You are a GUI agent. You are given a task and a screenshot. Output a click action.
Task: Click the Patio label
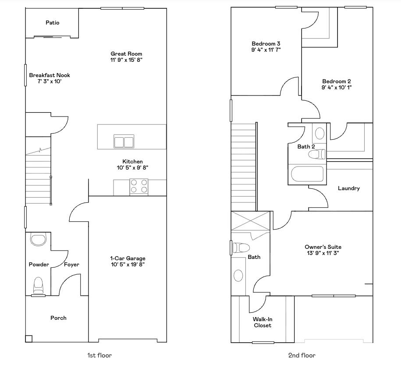pos(52,23)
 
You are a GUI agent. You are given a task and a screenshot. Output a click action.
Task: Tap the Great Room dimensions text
pos(126,60)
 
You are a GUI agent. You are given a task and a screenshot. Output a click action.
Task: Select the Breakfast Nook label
pos(50,75)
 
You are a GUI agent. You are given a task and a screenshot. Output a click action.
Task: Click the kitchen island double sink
pos(124,142)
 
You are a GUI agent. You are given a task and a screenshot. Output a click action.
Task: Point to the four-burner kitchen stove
pos(138,187)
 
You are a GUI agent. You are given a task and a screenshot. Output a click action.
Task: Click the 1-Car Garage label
pos(128,258)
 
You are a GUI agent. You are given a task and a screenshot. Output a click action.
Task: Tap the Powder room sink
pos(38,239)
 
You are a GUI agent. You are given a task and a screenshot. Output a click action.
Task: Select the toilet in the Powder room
pos(39,285)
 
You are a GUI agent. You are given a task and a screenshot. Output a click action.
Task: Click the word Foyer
pos(71,265)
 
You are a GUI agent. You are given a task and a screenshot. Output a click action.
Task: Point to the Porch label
pos(58,318)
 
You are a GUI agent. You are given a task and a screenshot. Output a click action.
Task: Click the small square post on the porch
pos(28,339)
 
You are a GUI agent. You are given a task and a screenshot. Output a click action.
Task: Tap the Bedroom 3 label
pos(266,44)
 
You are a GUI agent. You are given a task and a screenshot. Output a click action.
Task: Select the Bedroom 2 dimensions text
pos(337,88)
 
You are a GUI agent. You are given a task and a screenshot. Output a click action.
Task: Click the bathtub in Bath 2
pos(308,174)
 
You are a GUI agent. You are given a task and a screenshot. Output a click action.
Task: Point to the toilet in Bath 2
pos(317,154)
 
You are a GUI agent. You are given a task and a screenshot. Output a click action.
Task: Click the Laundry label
pos(349,188)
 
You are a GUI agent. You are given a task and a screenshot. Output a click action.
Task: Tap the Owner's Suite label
pos(323,247)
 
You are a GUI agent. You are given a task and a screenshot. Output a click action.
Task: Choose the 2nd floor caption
pos(302,355)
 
